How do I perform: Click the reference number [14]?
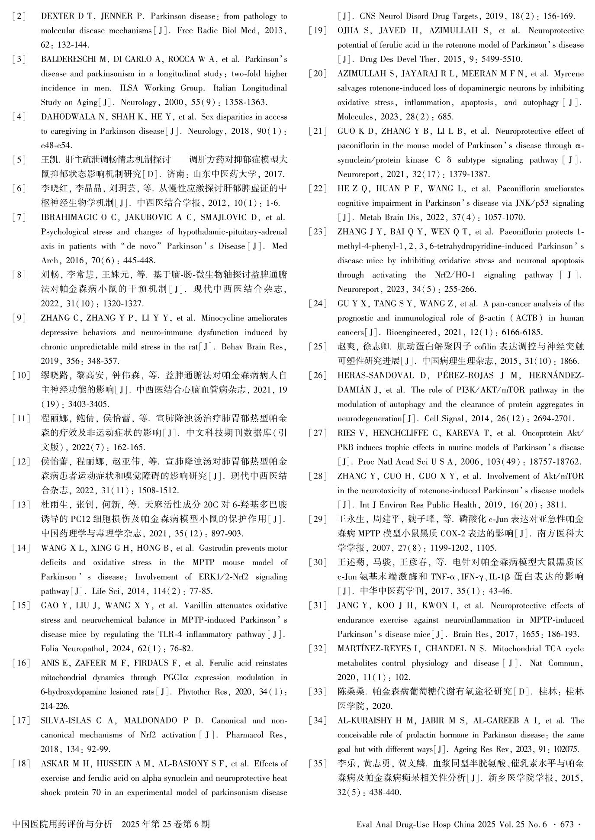point(21,548)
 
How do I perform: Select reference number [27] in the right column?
point(318,433)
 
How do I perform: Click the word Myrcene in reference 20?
point(569,74)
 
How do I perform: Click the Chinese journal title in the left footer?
point(63,824)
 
